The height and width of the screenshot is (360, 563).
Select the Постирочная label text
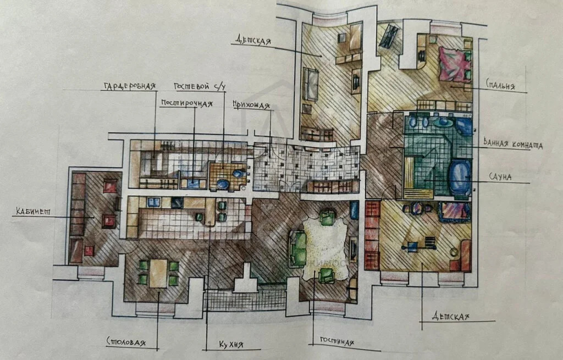pos(186,103)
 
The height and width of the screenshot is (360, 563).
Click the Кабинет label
pos(31,212)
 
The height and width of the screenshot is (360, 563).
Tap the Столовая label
pos(127,342)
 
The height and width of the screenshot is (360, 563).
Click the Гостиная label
pos(333,341)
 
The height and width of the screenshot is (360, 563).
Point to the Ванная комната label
pos(512,145)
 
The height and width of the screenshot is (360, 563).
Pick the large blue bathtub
pos(459,176)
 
